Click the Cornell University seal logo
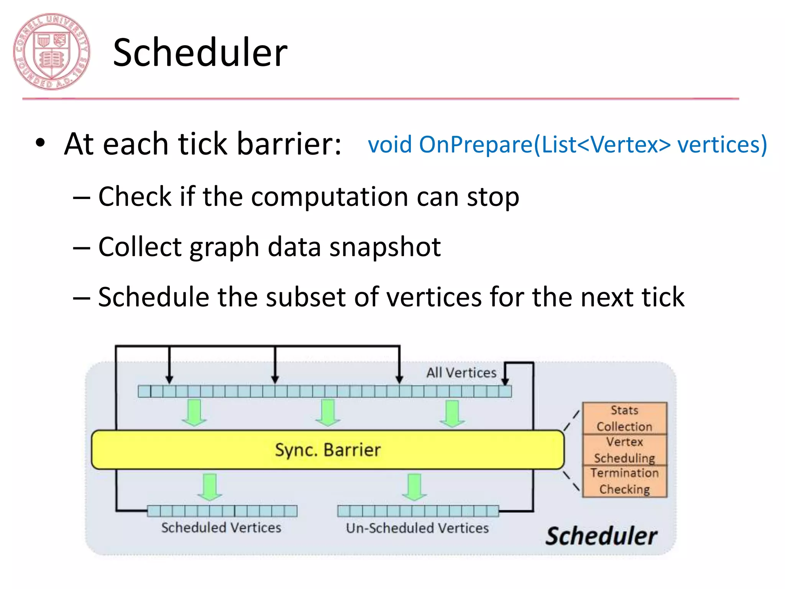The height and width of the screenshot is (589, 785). [51, 52]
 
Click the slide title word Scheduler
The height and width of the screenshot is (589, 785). [200, 53]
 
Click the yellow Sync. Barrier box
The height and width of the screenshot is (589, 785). [327, 450]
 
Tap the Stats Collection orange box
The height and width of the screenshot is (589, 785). [624, 418]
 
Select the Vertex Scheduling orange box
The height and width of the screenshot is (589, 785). [624, 450]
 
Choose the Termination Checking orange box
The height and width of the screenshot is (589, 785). [624, 481]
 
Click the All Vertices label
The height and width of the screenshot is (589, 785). [461, 372]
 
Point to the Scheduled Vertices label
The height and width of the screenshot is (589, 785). [221, 528]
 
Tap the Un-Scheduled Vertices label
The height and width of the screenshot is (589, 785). [417, 528]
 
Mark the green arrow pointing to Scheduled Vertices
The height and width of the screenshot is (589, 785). [210, 486]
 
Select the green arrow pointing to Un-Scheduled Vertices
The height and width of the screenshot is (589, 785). [414, 486]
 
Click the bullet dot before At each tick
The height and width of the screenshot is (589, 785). [40, 143]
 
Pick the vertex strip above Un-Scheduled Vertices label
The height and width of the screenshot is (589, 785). [418, 511]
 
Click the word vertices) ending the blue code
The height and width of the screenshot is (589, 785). [722, 145]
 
